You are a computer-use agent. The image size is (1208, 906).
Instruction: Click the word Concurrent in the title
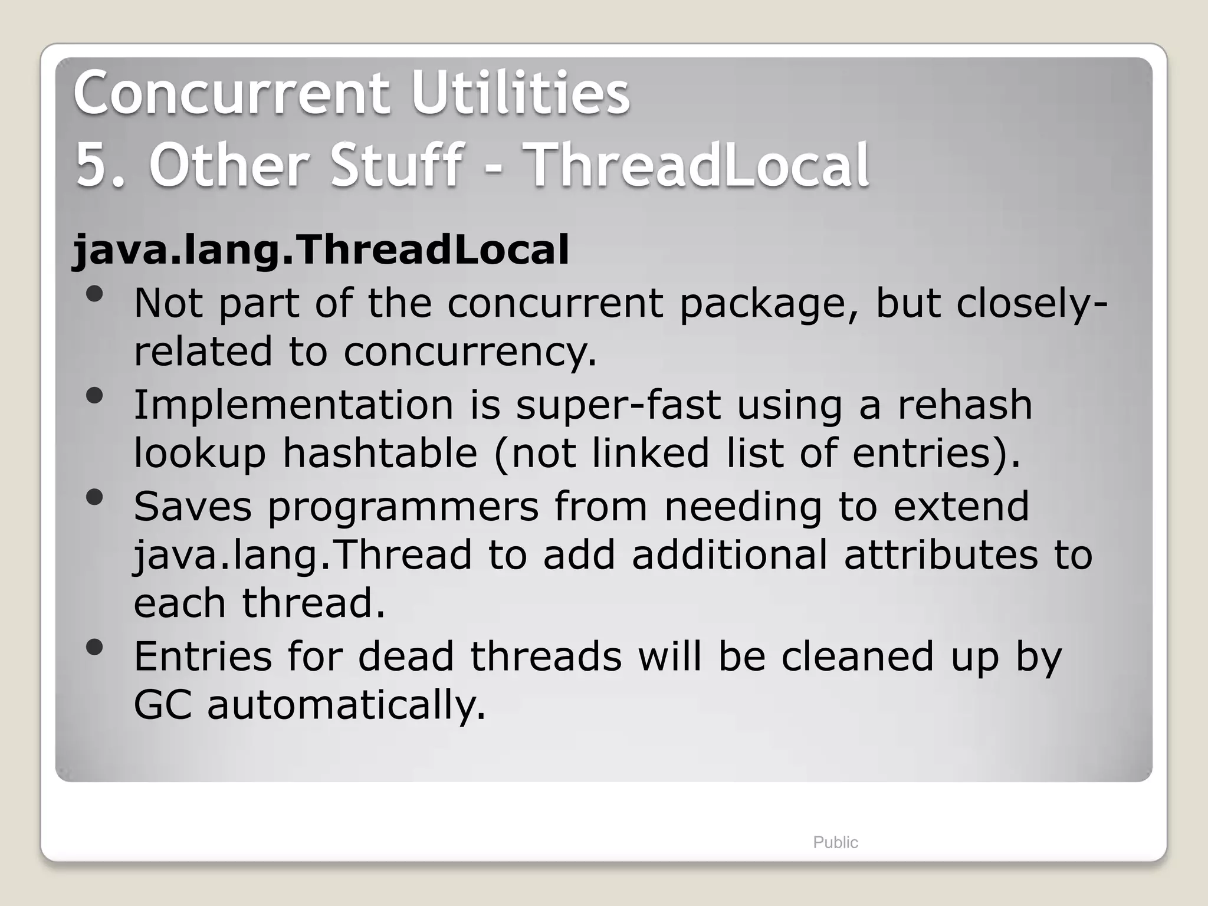pyautogui.click(x=231, y=93)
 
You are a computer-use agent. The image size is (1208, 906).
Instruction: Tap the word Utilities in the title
pyautogui.click(x=520, y=93)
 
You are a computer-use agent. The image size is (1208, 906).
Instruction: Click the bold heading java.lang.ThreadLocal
pyautogui.click(x=320, y=250)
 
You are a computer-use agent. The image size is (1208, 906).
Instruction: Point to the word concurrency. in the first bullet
pyautogui.click(x=470, y=352)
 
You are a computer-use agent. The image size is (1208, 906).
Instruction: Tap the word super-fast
pyautogui.click(x=618, y=405)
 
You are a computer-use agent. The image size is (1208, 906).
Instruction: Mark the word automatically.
pyautogui.click(x=346, y=705)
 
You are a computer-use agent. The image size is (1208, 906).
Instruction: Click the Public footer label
pyautogui.click(x=835, y=842)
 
